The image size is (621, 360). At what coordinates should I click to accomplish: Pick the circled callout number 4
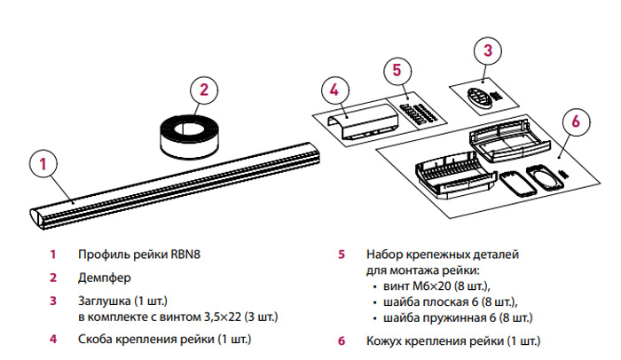(334, 90)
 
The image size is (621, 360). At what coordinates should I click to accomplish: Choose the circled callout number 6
(575, 121)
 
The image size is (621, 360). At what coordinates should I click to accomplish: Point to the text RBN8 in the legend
(185, 254)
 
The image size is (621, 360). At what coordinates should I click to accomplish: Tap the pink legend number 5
(341, 254)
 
